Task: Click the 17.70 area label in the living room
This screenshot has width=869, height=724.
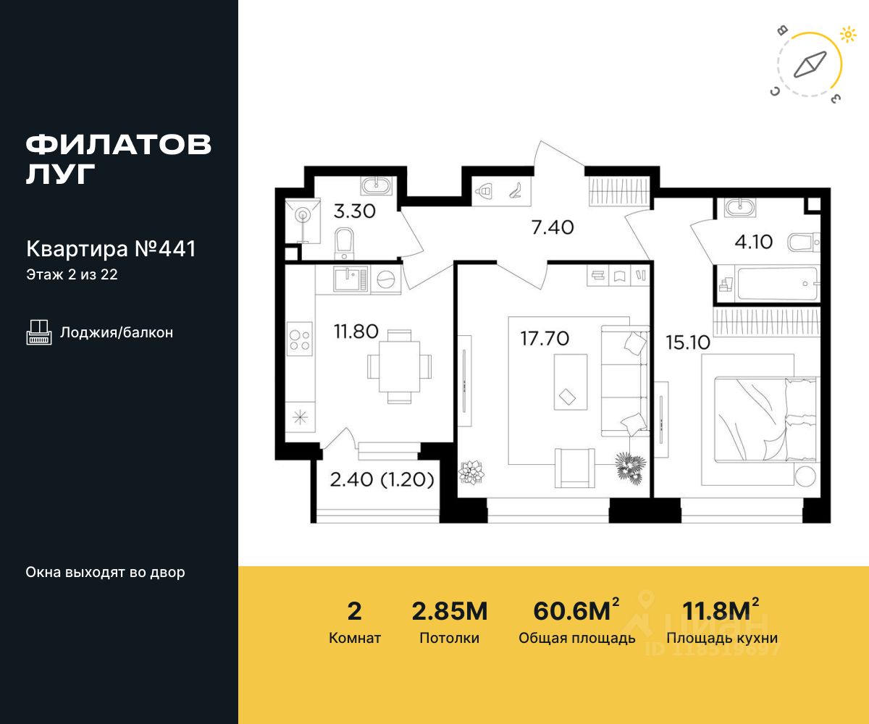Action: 545,339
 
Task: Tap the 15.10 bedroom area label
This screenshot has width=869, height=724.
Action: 687,342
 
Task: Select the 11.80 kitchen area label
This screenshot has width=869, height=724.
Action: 356,332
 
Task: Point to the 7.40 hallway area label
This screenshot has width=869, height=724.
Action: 553,227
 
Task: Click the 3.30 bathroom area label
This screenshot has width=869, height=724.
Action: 355,211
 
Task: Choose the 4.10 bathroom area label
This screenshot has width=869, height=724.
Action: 753,242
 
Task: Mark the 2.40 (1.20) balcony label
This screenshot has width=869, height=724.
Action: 382,480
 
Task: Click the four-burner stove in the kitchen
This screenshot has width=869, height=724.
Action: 300,339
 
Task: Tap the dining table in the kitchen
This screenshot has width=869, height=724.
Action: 399,366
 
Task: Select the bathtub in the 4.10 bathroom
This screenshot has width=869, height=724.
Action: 776,283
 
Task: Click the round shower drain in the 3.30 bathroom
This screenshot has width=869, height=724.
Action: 303,215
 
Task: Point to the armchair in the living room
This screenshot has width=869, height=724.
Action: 574,468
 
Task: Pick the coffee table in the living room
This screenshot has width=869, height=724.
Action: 570,382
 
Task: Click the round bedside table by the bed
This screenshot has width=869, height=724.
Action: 805,476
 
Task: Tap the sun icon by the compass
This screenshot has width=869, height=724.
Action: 848,35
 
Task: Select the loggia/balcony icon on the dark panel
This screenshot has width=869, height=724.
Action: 39,332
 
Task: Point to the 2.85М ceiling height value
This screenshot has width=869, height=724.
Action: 450,611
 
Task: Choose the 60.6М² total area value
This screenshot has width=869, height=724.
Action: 576,610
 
